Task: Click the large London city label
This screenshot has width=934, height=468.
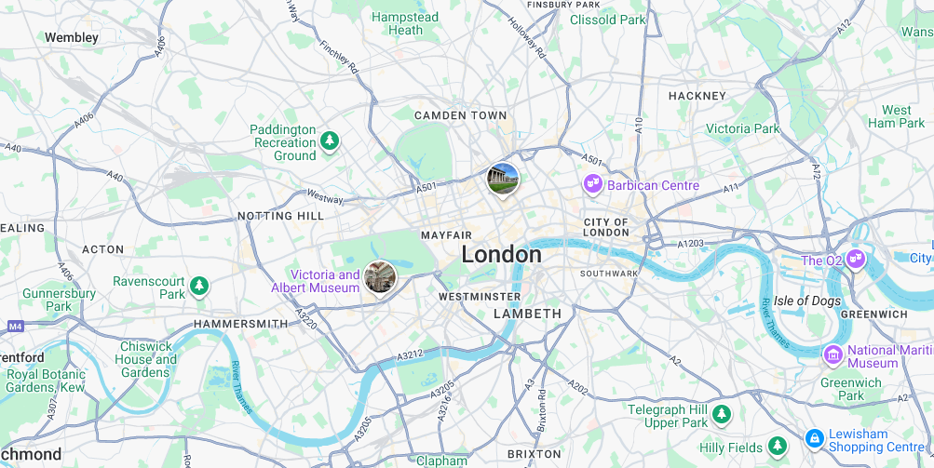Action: [x=501, y=254]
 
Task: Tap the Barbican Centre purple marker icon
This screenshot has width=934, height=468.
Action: [x=592, y=185]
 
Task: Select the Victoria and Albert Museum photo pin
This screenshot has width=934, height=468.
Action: [x=380, y=276]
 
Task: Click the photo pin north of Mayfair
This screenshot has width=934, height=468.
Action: [x=503, y=179]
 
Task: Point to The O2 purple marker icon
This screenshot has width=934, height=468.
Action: [x=856, y=261]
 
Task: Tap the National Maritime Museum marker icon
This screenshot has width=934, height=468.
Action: [x=833, y=354]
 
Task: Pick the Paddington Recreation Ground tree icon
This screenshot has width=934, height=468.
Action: [x=329, y=141]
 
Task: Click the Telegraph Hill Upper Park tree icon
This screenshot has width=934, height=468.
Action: [x=722, y=413]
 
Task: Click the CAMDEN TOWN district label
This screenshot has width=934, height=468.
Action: [x=461, y=115]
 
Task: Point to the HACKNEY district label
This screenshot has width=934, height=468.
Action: [x=697, y=96]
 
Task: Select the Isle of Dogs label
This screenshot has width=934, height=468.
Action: [x=807, y=301]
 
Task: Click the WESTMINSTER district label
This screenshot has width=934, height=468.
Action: [x=480, y=297]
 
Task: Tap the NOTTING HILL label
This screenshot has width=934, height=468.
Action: [x=280, y=216]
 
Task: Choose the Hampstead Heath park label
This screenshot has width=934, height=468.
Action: [x=405, y=23]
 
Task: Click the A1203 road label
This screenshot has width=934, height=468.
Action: [x=691, y=243]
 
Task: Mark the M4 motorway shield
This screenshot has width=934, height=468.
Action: [x=15, y=327]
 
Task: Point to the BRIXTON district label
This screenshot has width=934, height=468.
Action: [x=535, y=454]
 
